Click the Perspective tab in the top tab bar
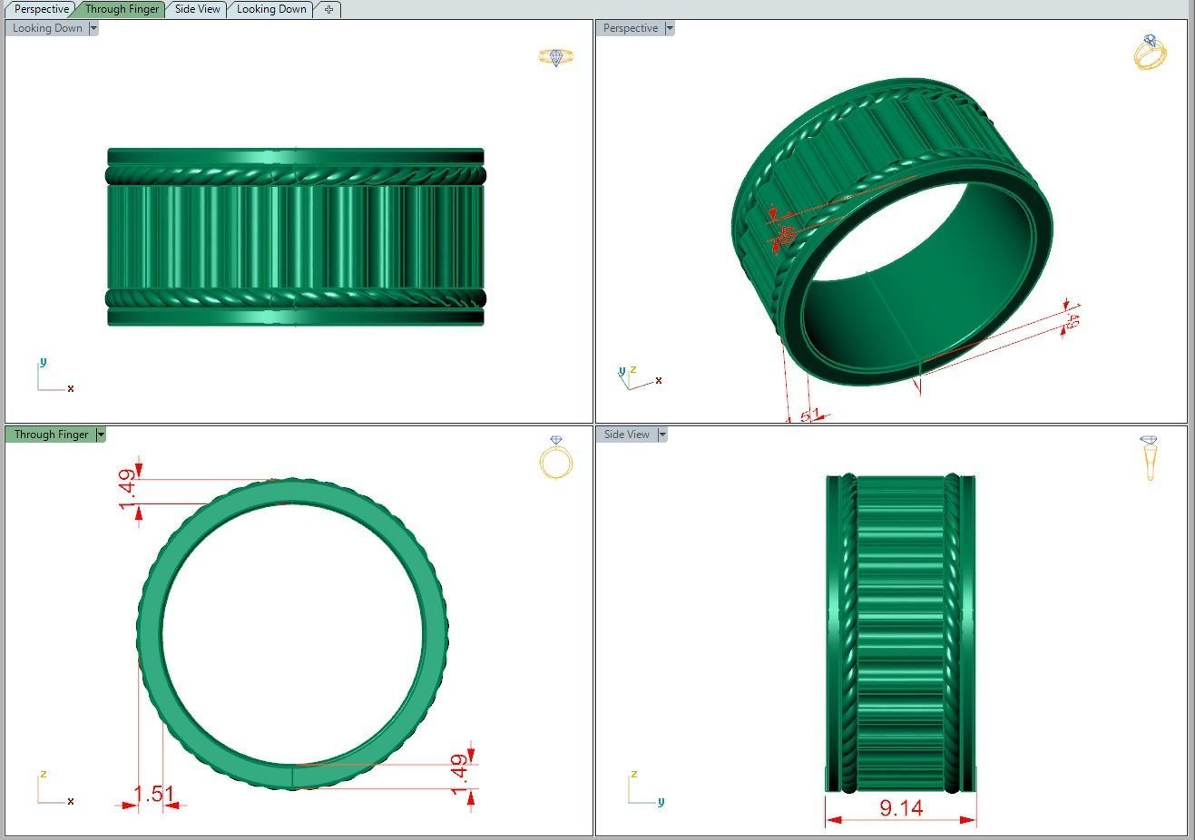(42, 9)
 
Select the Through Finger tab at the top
(122, 9)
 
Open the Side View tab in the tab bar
(197, 9)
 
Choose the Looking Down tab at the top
(271, 9)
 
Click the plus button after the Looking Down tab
(328, 9)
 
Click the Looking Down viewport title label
(47, 28)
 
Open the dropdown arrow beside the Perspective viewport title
(670, 28)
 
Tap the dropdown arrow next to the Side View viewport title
(662, 435)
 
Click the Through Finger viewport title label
(51, 435)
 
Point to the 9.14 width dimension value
(901, 807)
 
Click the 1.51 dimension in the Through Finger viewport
(153, 795)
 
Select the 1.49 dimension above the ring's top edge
(128, 489)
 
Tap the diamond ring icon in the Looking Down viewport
(555, 57)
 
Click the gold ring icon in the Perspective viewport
(1150, 53)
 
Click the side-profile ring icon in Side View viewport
(1150, 457)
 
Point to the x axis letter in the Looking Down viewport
(70, 388)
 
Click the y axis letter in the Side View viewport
(661, 802)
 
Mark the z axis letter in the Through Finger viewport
(43, 774)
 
